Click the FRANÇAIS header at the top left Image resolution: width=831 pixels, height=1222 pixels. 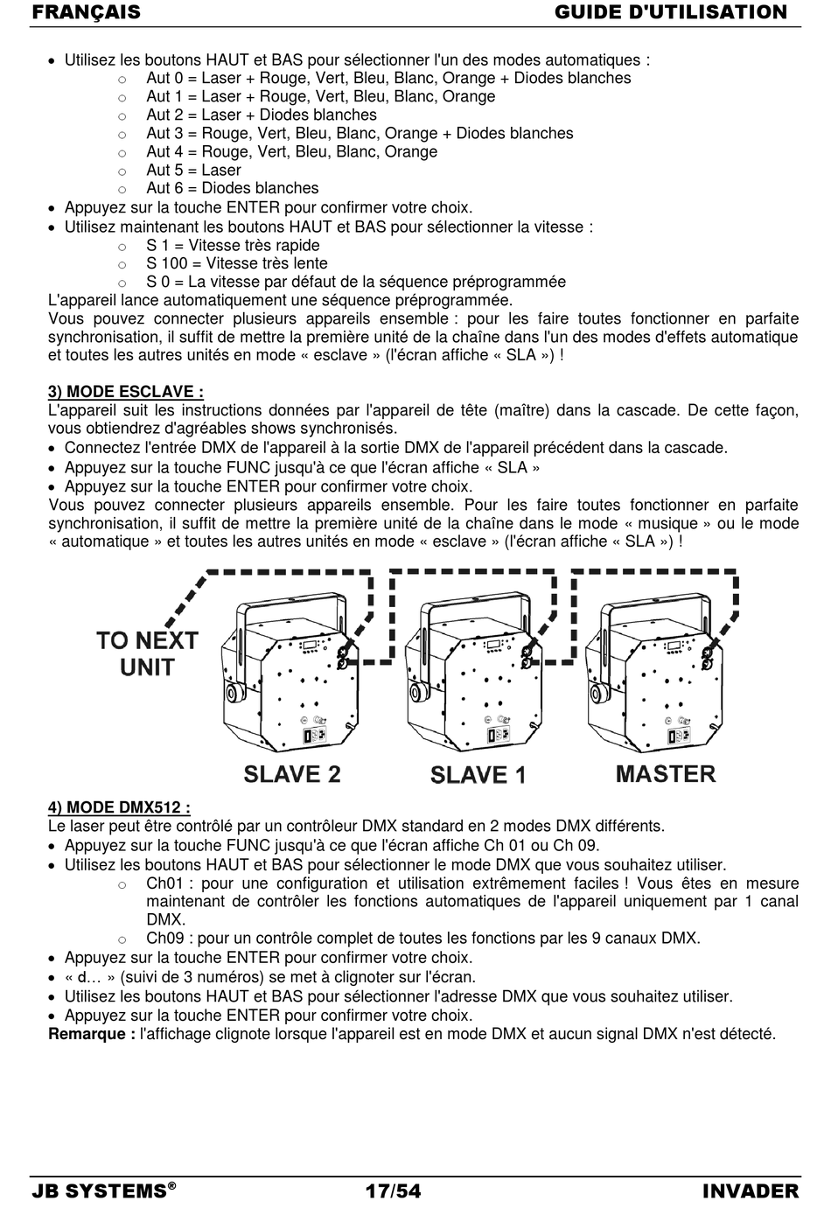click(86, 12)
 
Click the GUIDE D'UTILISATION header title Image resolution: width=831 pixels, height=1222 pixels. click(671, 12)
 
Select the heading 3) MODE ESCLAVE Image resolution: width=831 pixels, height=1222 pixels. click(126, 392)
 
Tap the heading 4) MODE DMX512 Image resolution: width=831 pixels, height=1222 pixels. click(119, 807)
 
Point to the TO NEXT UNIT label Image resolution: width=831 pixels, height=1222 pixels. click(147, 653)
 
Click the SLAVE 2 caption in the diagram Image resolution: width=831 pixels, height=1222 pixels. click(291, 774)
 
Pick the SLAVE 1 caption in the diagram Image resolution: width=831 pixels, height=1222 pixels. click(478, 775)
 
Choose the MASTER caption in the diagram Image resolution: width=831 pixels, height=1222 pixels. click(666, 774)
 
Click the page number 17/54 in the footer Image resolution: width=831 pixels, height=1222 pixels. click(393, 1191)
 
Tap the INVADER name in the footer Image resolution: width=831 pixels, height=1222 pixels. click(750, 1191)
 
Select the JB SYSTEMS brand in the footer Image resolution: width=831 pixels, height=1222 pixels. click(100, 1191)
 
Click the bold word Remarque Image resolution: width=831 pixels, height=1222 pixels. click(92, 1034)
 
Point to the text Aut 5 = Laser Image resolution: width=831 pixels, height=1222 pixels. click(193, 170)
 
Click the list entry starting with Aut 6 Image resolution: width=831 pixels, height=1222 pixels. click(232, 188)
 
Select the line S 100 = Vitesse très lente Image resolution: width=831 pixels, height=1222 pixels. click(236, 263)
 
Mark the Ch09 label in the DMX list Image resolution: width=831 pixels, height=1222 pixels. click(165, 939)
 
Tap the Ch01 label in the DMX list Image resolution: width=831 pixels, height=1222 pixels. click(165, 883)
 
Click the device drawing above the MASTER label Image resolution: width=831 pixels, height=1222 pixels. click(660, 674)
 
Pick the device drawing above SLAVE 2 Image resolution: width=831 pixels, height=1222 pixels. click(289, 674)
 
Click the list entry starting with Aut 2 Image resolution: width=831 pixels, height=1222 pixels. click(261, 115)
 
